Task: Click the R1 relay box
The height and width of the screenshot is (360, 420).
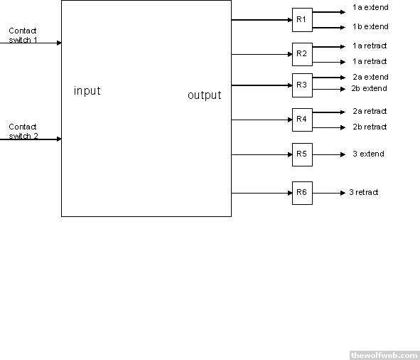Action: pos(302,20)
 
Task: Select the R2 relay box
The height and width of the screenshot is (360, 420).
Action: pos(302,54)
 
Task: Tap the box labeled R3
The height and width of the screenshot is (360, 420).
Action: pos(302,85)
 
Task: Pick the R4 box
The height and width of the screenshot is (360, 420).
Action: pos(302,120)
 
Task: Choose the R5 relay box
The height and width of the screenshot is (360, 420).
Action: pos(302,155)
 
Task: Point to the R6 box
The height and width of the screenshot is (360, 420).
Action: pos(302,193)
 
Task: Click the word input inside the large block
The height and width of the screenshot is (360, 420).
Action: pos(87,91)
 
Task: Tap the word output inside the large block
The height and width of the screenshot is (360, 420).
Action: pos(205,95)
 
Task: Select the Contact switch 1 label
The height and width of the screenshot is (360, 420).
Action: pos(23,35)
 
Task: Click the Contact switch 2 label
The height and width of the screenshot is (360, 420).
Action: pos(23,131)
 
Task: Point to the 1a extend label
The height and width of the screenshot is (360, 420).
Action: pos(370,7)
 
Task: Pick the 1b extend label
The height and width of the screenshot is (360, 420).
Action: pos(370,26)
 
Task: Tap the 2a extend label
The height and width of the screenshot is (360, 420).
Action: pos(370,77)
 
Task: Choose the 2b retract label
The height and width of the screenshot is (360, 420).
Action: pos(370,127)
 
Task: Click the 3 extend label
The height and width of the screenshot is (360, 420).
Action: pos(369,154)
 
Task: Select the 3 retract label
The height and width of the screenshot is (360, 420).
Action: pos(364,192)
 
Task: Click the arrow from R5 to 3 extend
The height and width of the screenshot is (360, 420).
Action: pos(329,155)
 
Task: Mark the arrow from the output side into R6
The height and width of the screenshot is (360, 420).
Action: pos(262,193)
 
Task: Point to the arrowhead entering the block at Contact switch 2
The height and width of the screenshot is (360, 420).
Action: pos(59,139)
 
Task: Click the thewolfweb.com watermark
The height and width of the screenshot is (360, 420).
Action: pos(384,356)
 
